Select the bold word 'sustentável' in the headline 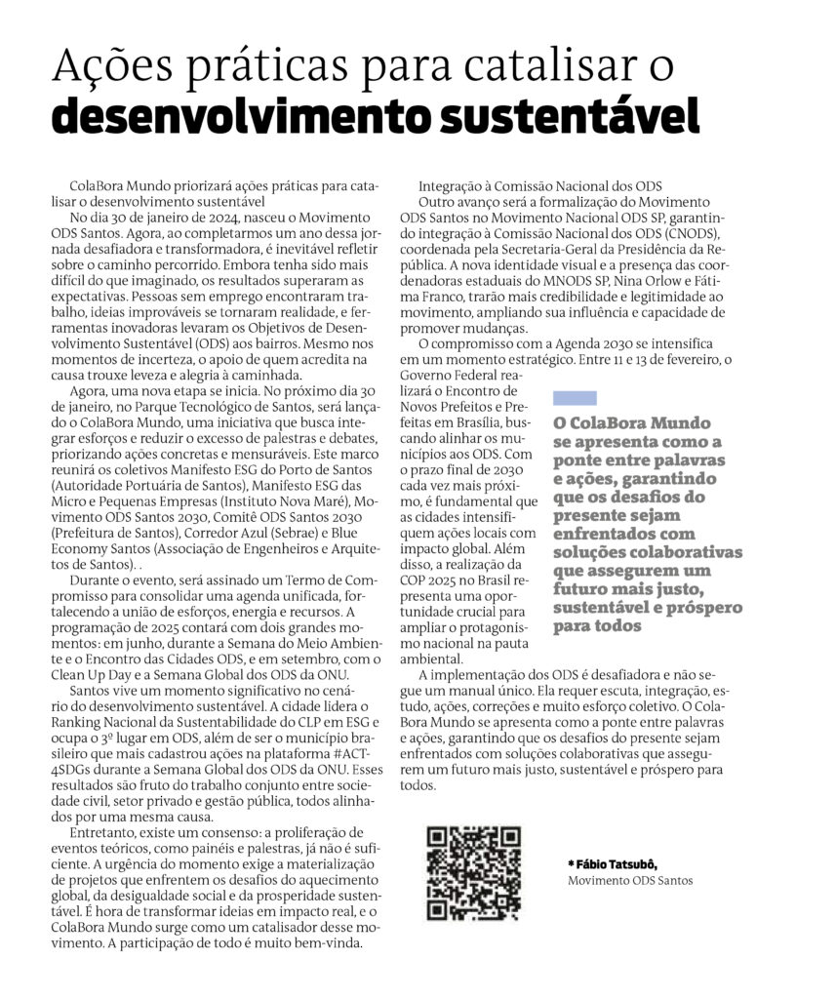570,117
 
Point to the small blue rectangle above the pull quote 575,398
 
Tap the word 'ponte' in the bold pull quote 577,460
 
